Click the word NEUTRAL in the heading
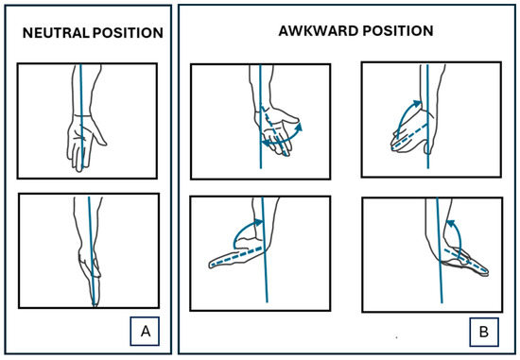(56, 33)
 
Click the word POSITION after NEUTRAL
(128, 33)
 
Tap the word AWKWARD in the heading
(319, 31)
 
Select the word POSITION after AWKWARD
(398, 31)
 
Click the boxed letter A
(146, 331)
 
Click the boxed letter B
(484, 332)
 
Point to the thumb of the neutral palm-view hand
(99, 132)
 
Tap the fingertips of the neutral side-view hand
(95, 303)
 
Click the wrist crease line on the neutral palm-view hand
(82, 115)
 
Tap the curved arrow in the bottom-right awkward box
(458, 236)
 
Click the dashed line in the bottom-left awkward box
(237, 256)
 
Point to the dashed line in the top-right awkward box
(410, 136)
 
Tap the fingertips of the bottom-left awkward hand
(212, 265)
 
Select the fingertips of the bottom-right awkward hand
(486, 272)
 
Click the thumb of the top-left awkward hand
(288, 115)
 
